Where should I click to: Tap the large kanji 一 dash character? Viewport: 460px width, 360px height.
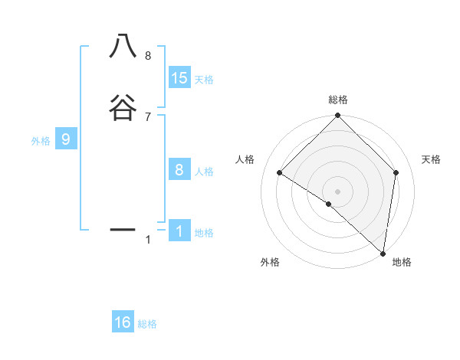(x=123, y=229)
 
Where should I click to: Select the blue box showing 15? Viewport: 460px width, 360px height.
(x=179, y=78)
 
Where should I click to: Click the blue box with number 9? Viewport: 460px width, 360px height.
(x=66, y=139)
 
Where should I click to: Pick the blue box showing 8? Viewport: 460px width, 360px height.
(x=179, y=170)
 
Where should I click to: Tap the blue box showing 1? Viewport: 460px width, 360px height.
(x=179, y=231)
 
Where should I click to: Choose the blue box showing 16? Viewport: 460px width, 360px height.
(x=123, y=322)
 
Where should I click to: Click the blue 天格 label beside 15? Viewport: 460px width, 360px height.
(x=204, y=80)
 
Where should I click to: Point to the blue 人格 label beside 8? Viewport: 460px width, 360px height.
(x=204, y=172)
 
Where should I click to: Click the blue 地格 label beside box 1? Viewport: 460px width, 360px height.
(x=204, y=233)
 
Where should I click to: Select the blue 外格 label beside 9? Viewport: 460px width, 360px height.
(x=41, y=141)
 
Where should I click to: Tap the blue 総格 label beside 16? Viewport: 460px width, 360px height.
(x=147, y=324)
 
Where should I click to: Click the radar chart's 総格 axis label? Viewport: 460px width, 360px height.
(x=337, y=100)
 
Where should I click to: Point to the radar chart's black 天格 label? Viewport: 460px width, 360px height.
(x=432, y=159)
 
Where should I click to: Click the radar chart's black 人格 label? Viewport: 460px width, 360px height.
(x=245, y=159)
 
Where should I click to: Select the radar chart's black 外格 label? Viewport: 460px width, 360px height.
(x=270, y=262)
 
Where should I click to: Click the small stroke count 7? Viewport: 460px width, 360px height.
(x=148, y=116)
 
